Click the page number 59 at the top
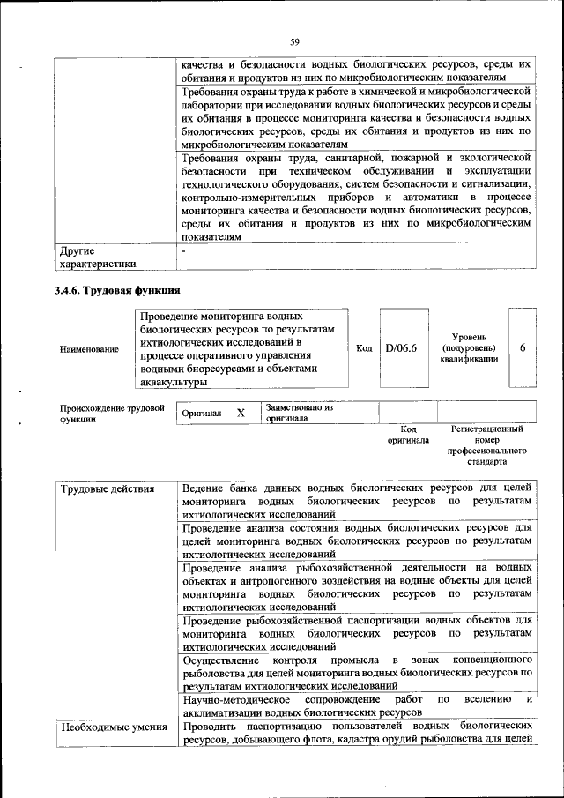(x=295, y=41)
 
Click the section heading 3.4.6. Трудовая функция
(x=117, y=290)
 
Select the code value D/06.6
(x=401, y=348)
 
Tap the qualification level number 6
(x=523, y=348)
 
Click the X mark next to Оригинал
(x=241, y=413)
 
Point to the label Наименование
(x=89, y=349)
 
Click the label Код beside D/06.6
(x=364, y=348)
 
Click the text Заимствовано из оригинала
(x=300, y=413)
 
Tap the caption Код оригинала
(x=408, y=434)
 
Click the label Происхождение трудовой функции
(x=112, y=414)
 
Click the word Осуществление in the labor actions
(x=221, y=660)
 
